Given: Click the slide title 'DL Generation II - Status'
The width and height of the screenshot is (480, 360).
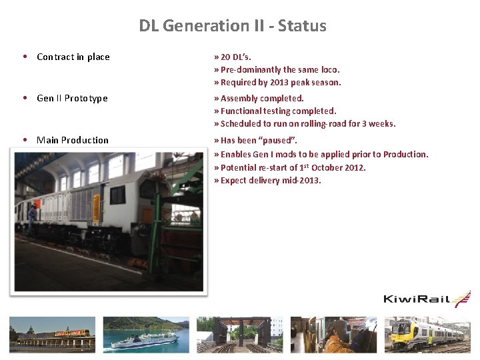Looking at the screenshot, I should [x=233, y=26].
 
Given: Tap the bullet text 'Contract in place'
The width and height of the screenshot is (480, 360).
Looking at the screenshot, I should [x=73, y=57].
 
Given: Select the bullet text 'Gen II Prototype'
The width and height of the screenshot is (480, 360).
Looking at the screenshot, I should [x=72, y=99].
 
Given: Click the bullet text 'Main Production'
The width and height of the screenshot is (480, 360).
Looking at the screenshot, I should [x=73, y=140].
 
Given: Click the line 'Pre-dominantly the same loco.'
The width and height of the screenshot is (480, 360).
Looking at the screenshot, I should [x=277, y=69].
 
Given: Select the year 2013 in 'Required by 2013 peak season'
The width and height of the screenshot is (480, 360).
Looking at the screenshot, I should [x=281, y=83].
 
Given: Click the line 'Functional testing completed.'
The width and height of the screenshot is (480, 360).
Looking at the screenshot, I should [x=275, y=111].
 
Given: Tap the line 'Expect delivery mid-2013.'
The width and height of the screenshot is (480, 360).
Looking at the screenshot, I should [x=267, y=180].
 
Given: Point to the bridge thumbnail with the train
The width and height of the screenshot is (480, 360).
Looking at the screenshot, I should [x=51, y=334].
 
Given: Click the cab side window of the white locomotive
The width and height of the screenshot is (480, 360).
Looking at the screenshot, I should [x=117, y=195].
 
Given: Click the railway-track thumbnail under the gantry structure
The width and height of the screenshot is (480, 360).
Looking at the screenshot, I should [x=240, y=334].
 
